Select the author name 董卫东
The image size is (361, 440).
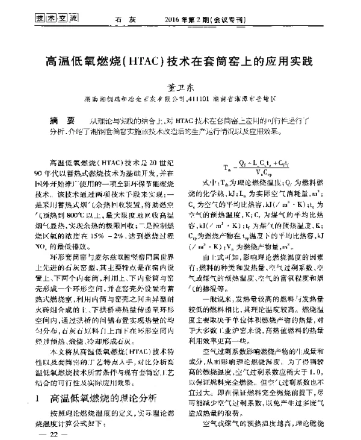tap(180, 86)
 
